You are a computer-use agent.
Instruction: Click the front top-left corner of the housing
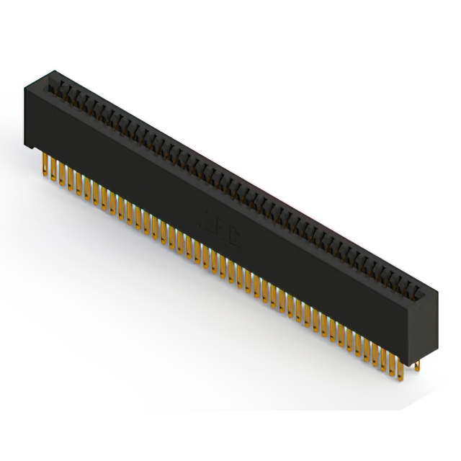(24, 88)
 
